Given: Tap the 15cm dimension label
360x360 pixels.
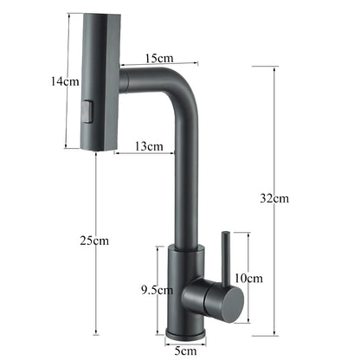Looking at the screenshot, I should [x=158, y=57].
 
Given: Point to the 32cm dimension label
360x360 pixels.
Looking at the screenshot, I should [x=275, y=198].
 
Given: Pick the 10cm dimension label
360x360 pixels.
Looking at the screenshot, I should [x=248, y=278].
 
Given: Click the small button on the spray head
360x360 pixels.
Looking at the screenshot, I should [x=85, y=110].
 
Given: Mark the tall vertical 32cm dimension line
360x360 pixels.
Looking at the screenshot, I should [x=275, y=130].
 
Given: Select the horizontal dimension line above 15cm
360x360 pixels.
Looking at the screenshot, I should [x=158, y=64].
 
